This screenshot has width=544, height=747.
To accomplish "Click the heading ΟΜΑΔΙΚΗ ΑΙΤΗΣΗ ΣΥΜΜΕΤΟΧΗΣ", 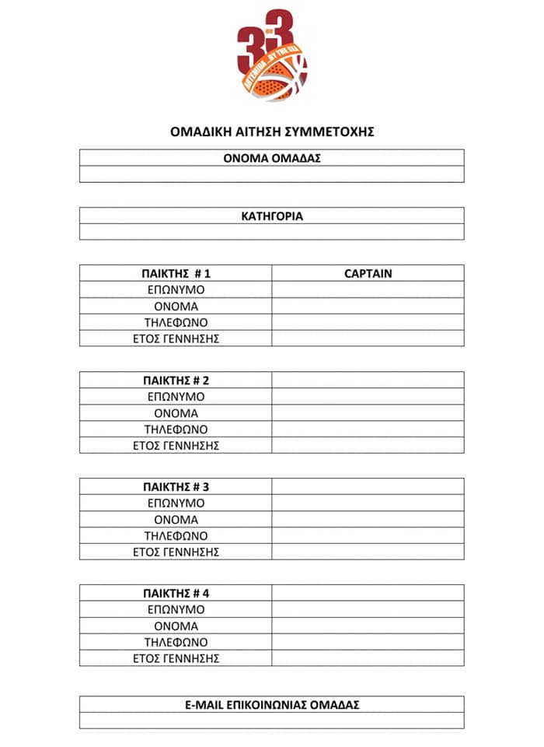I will [272, 132].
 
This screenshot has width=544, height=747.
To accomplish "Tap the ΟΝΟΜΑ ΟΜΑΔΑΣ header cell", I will [272, 158].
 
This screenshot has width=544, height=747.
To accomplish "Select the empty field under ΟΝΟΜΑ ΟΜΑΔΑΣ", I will [272, 174].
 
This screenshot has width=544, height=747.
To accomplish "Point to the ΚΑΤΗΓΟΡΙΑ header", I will [272, 216].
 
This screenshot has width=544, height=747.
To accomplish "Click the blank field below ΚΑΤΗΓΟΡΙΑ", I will [272, 232].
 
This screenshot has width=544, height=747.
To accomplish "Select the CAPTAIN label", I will [368, 273].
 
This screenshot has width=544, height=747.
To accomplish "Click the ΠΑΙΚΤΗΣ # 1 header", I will [176, 273].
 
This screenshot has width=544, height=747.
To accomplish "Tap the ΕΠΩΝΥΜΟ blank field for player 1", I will [368, 289].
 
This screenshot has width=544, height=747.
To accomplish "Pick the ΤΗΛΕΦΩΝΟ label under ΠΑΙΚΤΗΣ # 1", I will [176, 322].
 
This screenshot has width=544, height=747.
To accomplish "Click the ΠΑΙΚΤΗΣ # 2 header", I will [176, 381].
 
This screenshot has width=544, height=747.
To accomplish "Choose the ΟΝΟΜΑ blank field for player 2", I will [368, 413].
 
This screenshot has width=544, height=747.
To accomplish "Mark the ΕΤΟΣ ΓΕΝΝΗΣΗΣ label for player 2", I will [176, 445].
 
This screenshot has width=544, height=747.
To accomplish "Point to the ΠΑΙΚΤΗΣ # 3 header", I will [176, 487].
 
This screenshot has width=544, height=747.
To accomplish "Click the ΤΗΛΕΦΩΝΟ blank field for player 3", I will [368, 535].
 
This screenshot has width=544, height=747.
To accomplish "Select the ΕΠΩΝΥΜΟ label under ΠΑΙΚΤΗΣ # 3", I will [176, 503].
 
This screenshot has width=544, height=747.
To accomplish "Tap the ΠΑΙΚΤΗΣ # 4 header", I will [176, 594].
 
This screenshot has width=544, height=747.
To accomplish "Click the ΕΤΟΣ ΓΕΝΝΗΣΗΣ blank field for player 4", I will [368, 658].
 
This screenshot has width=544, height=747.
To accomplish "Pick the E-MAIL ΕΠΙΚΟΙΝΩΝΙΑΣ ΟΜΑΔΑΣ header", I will [272, 704].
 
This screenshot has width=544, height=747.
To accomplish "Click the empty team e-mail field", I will [272, 721].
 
